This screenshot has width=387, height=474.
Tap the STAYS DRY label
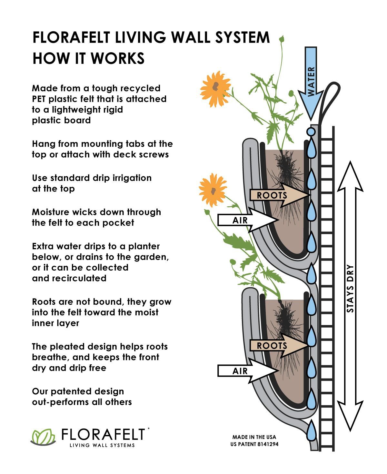tap(350, 289)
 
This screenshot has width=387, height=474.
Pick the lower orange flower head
tap(213, 190)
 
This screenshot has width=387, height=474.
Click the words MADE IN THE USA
tap(254, 437)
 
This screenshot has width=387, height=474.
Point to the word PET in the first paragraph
tap(39, 99)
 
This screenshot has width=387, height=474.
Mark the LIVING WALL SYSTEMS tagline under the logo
tap(103, 445)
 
